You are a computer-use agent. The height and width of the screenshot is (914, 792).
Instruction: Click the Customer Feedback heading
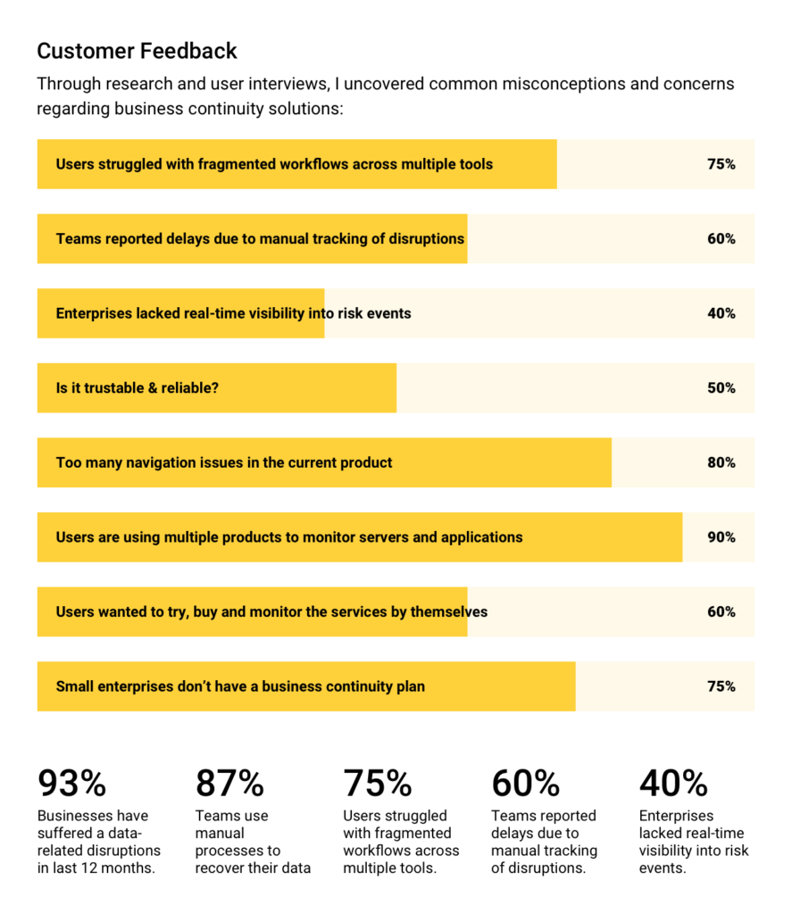tap(138, 51)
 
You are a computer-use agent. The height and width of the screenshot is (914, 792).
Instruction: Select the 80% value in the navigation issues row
tap(721, 462)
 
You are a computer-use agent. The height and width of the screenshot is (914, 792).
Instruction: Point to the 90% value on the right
tap(721, 537)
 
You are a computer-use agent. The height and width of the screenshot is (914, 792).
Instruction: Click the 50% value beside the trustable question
tap(721, 388)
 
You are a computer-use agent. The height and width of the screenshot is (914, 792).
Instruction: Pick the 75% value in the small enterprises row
tap(721, 686)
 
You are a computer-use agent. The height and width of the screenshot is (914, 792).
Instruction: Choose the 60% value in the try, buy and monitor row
tap(721, 611)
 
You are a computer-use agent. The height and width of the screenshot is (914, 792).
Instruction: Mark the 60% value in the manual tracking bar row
tap(721, 239)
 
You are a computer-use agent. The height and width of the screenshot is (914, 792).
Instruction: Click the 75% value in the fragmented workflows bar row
tap(721, 164)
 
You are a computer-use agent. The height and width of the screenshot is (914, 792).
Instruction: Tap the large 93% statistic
tap(71, 784)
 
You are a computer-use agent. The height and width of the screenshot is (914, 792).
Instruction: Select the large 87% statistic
tap(229, 784)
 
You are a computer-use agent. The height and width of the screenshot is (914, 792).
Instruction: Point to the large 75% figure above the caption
tap(377, 784)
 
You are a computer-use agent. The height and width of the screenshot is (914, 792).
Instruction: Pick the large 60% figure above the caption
tap(525, 784)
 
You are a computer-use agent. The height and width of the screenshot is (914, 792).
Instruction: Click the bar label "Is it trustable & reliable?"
tap(137, 388)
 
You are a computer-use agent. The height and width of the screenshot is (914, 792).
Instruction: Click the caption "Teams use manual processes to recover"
tap(253, 842)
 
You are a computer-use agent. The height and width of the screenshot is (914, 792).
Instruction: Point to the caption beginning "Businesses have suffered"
tap(98, 842)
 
